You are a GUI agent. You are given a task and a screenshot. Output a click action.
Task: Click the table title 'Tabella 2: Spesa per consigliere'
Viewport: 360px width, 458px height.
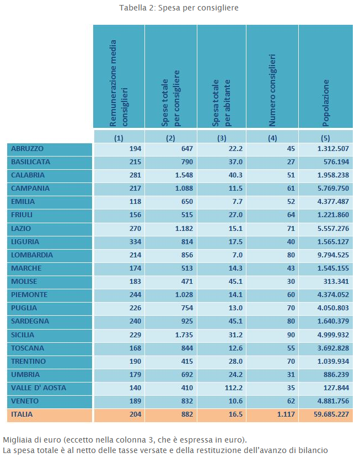pos(179,8)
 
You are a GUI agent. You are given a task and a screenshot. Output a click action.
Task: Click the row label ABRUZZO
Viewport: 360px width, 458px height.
pos(27,149)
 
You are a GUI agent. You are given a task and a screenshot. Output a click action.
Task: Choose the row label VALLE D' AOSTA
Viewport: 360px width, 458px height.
pos(39,388)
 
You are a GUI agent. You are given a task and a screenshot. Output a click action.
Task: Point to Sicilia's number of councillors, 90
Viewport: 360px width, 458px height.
pos(291,335)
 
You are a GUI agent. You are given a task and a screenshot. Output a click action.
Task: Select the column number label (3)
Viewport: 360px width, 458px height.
pos(222,138)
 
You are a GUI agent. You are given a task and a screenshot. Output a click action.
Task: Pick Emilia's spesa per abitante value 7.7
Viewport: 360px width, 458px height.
pos(237,202)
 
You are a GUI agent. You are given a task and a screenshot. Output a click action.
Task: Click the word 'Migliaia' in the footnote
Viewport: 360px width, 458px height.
pos(17,440)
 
